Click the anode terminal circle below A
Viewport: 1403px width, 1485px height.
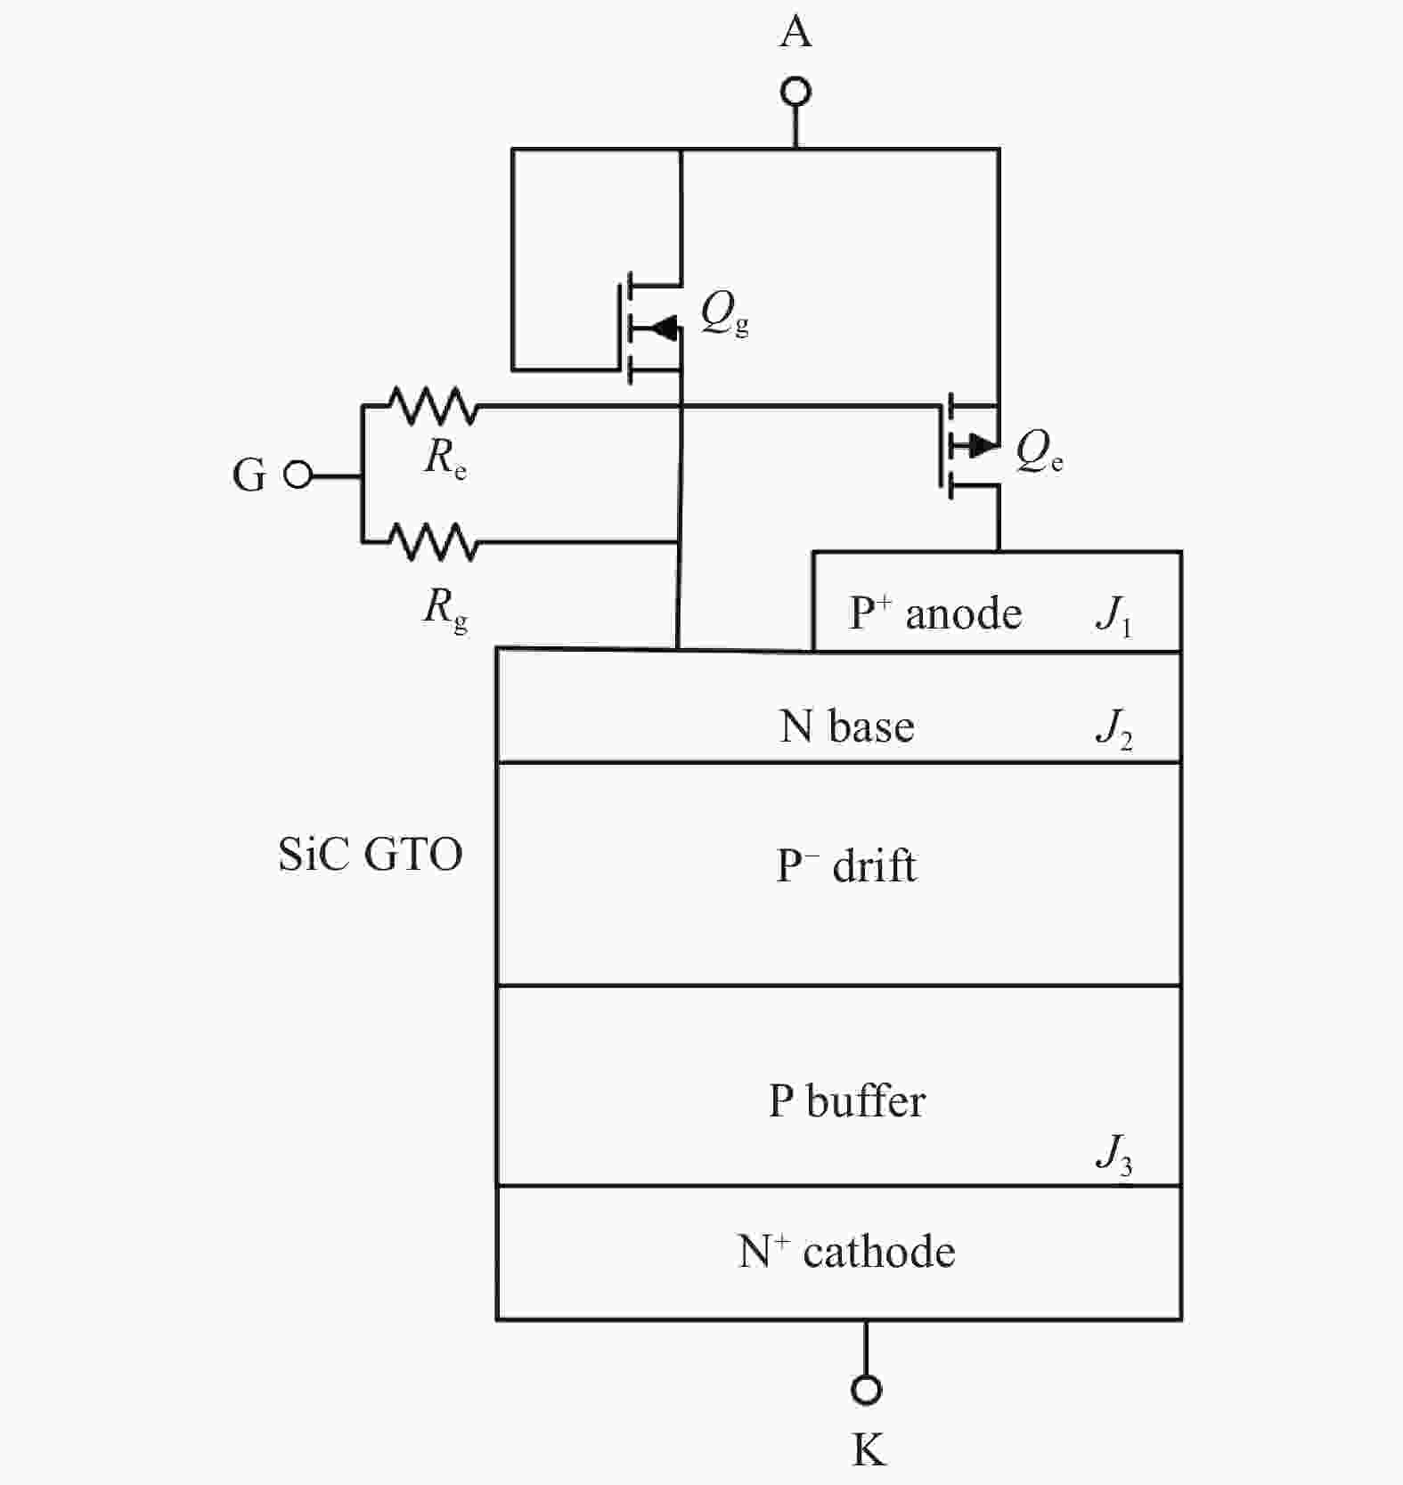(x=795, y=92)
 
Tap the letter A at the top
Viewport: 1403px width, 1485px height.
(x=795, y=33)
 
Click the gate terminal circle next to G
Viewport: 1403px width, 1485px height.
(x=298, y=475)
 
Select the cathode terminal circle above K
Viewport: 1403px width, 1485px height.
(x=866, y=1389)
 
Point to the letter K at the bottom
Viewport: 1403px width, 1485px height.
(x=869, y=1449)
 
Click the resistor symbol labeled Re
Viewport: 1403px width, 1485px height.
(x=434, y=407)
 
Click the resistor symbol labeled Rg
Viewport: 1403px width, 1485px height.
(x=434, y=541)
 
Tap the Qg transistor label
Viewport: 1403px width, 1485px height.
(x=723, y=313)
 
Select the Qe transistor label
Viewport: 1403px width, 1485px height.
(x=1039, y=451)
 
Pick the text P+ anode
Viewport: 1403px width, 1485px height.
(x=935, y=614)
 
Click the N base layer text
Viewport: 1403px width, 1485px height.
(x=847, y=726)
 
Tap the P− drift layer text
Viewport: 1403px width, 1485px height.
(x=846, y=866)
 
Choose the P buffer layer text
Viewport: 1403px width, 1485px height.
(x=847, y=1101)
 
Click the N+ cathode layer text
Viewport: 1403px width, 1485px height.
(x=846, y=1252)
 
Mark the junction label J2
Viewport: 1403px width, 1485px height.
(x=1113, y=729)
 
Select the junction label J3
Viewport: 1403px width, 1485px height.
(x=1113, y=1155)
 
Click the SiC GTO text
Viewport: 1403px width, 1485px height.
(x=371, y=855)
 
